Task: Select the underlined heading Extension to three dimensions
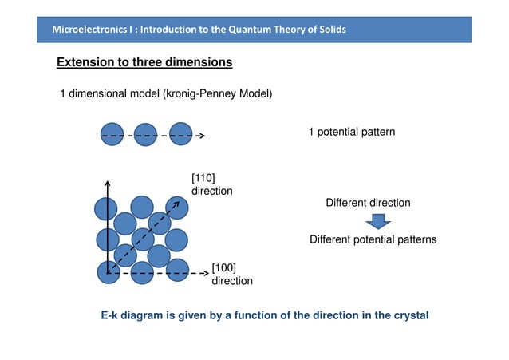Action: tap(144, 62)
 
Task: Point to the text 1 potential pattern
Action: tap(351, 131)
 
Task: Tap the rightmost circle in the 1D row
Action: tap(181, 135)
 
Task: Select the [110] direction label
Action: tap(211, 184)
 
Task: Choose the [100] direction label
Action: tap(231, 273)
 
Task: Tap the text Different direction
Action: tap(368, 203)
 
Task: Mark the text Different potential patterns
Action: tap(373, 239)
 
